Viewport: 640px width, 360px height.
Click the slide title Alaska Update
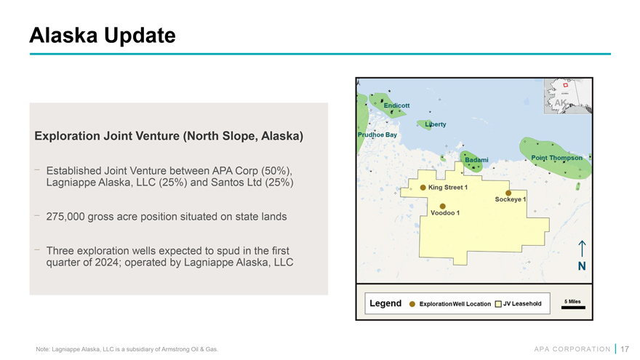[103, 35]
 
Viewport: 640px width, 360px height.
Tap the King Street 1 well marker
[423, 188]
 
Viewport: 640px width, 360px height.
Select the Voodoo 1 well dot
[442, 206]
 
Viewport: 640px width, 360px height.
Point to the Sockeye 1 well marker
[508, 193]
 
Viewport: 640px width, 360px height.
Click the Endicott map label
[396, 105]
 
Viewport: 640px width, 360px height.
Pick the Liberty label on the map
[436, 124]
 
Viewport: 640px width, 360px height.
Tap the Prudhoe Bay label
[377, 135]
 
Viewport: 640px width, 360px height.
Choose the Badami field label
[476, 159]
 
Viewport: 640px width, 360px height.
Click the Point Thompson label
[557, 158]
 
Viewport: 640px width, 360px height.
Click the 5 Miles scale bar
[573, 308]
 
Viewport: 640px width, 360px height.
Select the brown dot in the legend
[412, 304]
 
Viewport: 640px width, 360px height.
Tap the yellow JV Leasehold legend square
[498, 304]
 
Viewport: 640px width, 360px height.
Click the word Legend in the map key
[385, 303]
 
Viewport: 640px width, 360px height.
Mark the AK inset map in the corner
[568, 96]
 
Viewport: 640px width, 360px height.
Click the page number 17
[625, 349]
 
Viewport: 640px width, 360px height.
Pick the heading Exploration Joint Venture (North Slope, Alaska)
[169, 136]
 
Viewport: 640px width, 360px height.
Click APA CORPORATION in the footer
[572, 349]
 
